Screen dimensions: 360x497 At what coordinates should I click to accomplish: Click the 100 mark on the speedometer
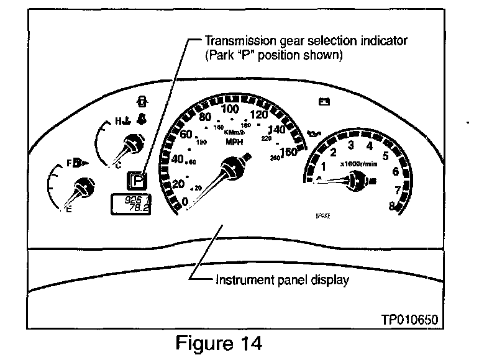coord(230,110)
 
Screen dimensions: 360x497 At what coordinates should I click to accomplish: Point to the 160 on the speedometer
coord(288,152)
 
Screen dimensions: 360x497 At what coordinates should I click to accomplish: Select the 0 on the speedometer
coord(185,200)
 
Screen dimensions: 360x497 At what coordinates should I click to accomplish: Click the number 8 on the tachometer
coord(393,207)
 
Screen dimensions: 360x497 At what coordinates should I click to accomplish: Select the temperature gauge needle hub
coord(130,145)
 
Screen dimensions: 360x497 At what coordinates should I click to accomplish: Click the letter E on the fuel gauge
coord(69,211)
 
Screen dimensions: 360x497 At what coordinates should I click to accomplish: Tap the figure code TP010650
coord(411,320)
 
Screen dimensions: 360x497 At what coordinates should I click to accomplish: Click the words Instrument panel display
coord(282,279)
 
